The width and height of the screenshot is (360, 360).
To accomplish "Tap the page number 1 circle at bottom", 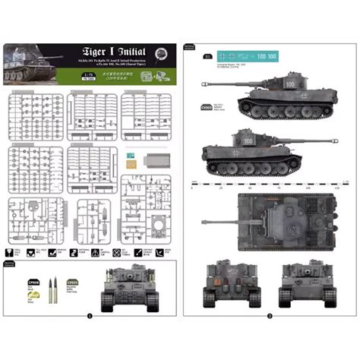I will (x=90, y=315).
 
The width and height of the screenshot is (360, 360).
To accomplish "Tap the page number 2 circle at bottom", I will (x=270, y=315).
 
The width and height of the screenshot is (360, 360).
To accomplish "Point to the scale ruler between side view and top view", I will (x=270, y=182).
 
